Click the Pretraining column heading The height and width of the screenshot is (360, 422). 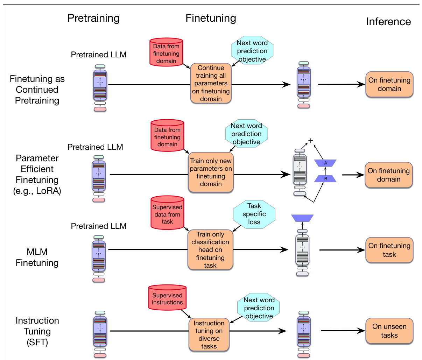point(93,18)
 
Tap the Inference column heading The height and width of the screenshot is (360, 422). point(388,22)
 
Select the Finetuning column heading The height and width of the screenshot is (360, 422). point(211,18)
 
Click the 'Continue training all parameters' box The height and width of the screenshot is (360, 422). point(211,83)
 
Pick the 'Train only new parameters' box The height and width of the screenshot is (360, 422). point(211,172)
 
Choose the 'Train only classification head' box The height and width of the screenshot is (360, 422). point(210,249)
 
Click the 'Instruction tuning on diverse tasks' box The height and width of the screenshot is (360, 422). point(209,334)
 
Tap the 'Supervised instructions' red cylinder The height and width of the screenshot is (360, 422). point(167,297)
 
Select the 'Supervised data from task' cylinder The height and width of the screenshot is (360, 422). point(167,213)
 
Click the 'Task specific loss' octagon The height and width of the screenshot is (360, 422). point(254,214)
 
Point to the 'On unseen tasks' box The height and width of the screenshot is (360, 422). point(389,331)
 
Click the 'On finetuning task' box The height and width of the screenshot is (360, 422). point(389,250)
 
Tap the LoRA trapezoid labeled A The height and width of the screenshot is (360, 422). point(325,163)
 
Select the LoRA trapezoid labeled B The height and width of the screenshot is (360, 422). point(325,178)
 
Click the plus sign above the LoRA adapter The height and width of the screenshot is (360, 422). point(311,141)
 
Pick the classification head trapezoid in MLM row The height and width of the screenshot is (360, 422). point(302,218)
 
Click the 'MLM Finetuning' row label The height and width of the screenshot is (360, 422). point(37,257)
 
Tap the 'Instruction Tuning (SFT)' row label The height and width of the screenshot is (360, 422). point(37,331)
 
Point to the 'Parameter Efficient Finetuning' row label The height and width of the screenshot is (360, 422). point(37,175)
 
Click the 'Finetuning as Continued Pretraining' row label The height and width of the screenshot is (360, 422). point(37,90)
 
